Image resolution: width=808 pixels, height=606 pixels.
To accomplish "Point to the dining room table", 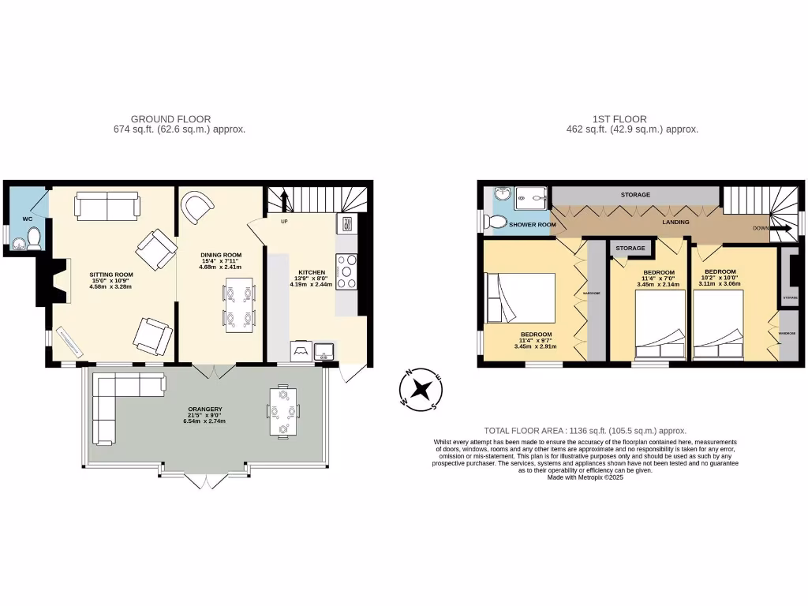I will pos(239,305).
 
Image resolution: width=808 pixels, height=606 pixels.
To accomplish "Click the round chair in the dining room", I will pos(196,208).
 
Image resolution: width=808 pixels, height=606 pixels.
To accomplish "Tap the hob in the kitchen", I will pos(346,271).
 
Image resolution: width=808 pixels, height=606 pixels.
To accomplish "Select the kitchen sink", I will pos(325,351).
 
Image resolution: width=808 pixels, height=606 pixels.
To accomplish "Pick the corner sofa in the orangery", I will pos(118,402).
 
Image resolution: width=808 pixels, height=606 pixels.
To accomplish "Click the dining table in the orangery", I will pos(282,411).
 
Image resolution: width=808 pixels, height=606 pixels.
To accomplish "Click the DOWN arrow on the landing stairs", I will pos(782,229).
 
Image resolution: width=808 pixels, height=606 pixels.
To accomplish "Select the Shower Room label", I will pos(532,225).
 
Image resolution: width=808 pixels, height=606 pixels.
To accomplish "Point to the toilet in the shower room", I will pos(498,223).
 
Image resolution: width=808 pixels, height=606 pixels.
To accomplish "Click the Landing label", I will pos(676,223).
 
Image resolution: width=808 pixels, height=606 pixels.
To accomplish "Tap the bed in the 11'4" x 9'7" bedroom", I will pos(521,297).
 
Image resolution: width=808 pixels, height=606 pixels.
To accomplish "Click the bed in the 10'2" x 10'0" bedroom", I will pos(718,331).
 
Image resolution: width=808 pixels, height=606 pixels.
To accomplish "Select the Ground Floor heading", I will pos(170,119).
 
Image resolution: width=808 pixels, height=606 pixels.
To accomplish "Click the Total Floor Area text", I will pos(585,431).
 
